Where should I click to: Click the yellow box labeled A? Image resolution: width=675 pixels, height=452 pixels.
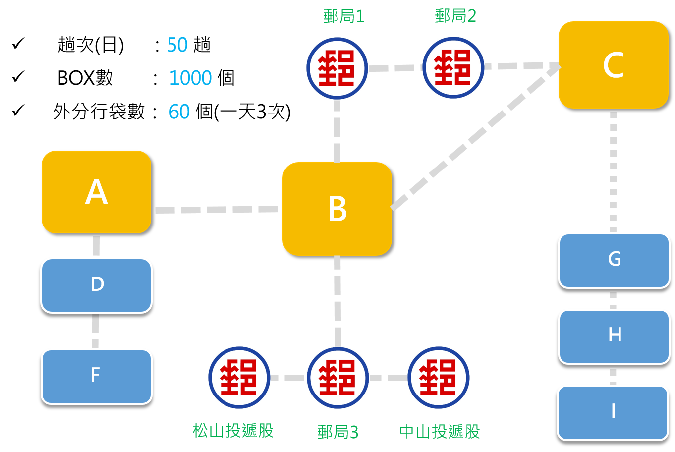96,192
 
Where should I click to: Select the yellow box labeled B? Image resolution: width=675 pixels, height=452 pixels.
337,209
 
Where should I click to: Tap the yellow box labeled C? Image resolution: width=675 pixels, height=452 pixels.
613,65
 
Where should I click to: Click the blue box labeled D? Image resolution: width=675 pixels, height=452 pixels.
97,285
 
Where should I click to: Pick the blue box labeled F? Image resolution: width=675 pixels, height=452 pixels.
97,376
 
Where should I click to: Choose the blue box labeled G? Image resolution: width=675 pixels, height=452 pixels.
614,260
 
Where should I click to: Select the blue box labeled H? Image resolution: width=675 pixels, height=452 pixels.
614,336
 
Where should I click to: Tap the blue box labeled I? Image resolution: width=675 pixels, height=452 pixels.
613,412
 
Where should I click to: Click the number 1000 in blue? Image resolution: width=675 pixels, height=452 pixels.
190,78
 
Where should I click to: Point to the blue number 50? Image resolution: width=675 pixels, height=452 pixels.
177,45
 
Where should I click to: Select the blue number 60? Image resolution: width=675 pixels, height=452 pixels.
179,112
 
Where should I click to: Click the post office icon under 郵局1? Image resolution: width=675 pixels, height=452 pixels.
337,68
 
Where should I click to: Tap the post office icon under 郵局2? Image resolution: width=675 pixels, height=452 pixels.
453,68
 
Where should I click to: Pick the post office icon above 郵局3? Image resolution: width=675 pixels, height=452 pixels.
337,378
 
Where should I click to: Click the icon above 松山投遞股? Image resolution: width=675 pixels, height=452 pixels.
239,378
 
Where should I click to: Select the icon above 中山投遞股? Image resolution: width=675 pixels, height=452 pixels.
438,378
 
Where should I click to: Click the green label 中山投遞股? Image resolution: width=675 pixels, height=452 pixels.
440,432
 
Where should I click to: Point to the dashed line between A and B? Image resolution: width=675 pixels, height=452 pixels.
217,210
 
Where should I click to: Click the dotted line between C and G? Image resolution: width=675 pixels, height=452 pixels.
614,171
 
